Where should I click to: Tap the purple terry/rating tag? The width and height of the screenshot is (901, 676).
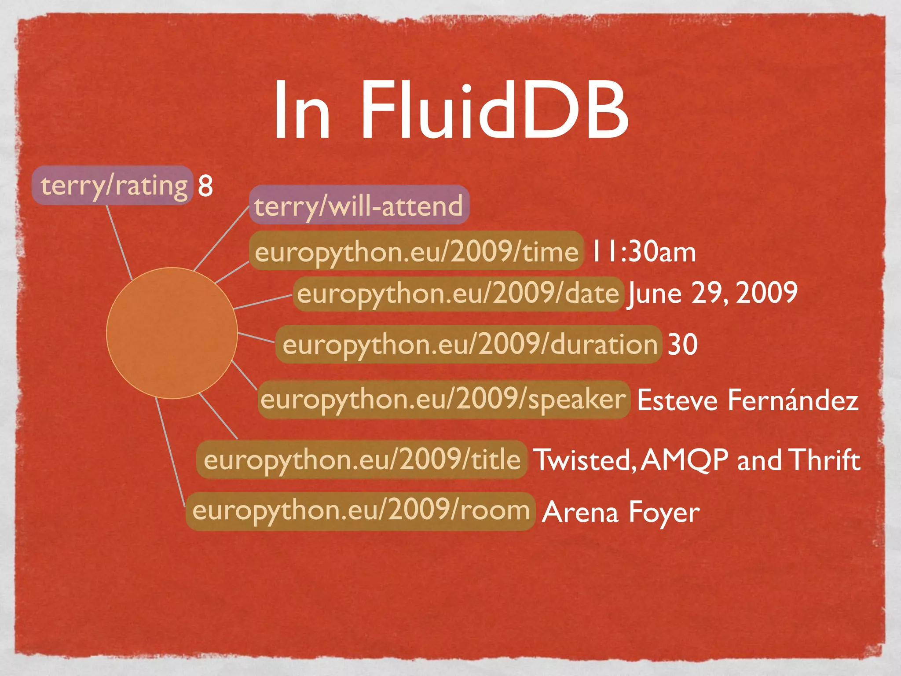113,185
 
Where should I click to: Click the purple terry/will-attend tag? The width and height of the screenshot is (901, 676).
359,205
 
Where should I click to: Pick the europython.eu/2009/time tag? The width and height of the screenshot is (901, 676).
416,251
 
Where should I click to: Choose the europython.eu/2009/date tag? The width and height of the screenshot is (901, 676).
458,294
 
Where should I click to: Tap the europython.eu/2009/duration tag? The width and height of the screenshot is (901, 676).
469,344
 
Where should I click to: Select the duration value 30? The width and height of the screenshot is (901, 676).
682,344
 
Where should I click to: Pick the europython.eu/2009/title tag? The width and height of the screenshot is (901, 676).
362,459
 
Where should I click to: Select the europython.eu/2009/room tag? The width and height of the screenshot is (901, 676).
360,511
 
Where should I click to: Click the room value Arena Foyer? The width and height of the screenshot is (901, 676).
621,512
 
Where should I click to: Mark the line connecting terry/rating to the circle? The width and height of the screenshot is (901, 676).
119,242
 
